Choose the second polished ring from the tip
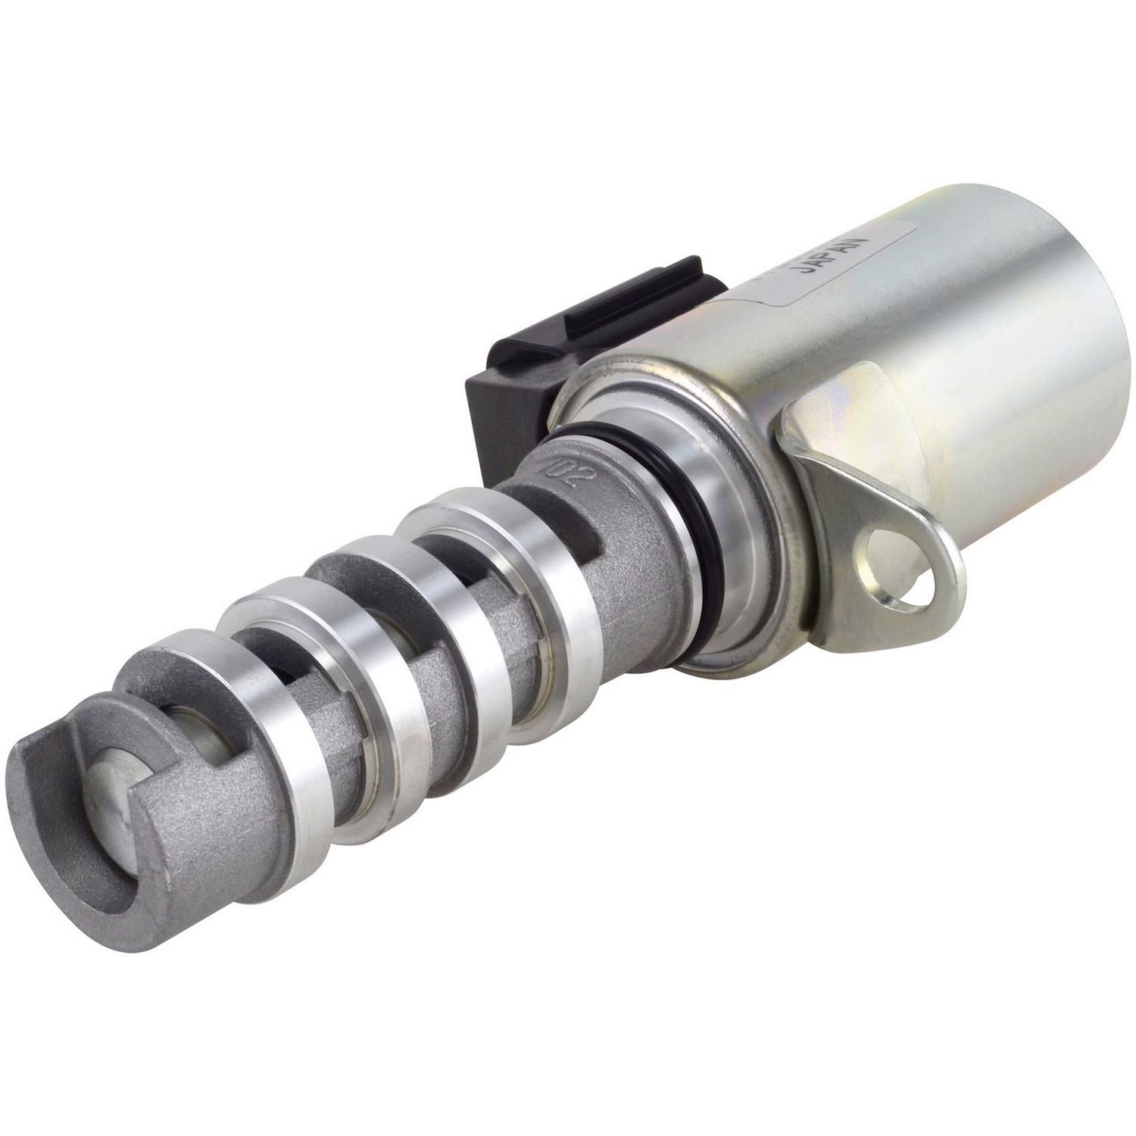pyautogui.click(x=326, y=644)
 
